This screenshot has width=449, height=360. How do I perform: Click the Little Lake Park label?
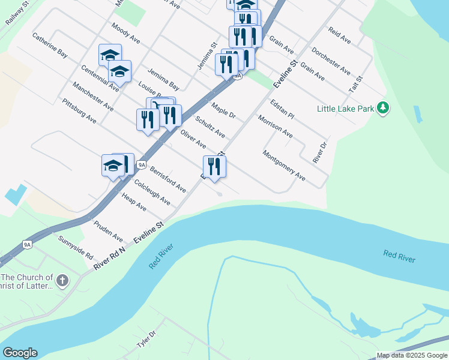(345, 109)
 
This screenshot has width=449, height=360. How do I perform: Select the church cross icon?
(62, 280)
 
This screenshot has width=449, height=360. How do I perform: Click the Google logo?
(20, 353)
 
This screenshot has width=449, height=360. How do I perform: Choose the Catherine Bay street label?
(50, 45)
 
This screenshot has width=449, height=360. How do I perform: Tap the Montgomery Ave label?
(284, 166)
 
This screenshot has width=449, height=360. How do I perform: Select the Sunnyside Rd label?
(76, 247)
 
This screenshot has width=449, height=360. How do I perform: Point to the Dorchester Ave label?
(331, 61)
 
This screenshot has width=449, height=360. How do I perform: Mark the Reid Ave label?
(339, 35)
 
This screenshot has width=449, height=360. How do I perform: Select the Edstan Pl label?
(282, 109)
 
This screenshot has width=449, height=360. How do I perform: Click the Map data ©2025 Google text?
(412, 355)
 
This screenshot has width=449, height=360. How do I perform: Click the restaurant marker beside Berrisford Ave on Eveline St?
(214, 166)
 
